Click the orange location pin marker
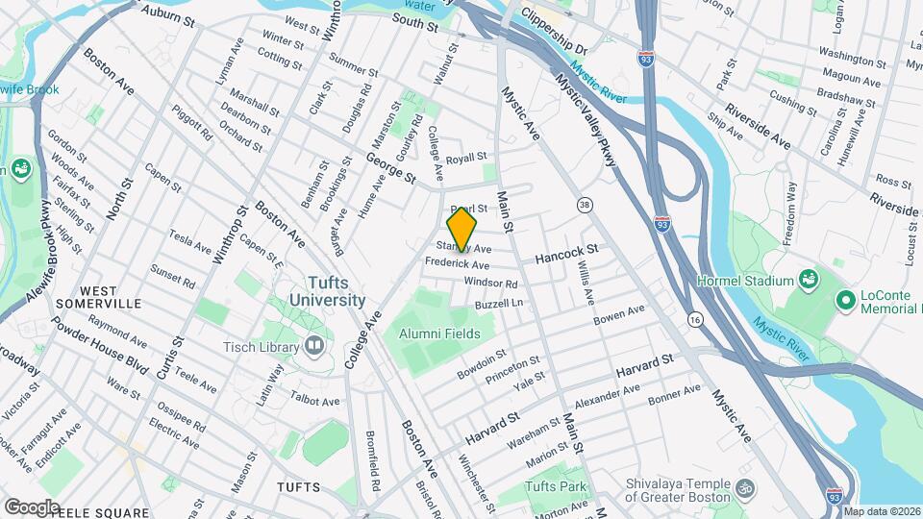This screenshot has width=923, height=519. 462,230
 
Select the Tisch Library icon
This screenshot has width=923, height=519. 314,346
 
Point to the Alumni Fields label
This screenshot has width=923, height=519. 439,333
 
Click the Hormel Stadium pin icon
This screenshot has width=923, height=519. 809,280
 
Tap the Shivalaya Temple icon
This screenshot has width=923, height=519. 743,488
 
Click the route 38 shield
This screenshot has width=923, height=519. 585,205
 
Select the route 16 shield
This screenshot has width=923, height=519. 693,318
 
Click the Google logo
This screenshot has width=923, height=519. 32,507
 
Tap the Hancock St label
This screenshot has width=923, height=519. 566,253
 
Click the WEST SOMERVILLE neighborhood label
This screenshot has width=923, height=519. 98,296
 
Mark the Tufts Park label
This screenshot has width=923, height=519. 556,486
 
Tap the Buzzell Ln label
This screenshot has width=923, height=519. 498,304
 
